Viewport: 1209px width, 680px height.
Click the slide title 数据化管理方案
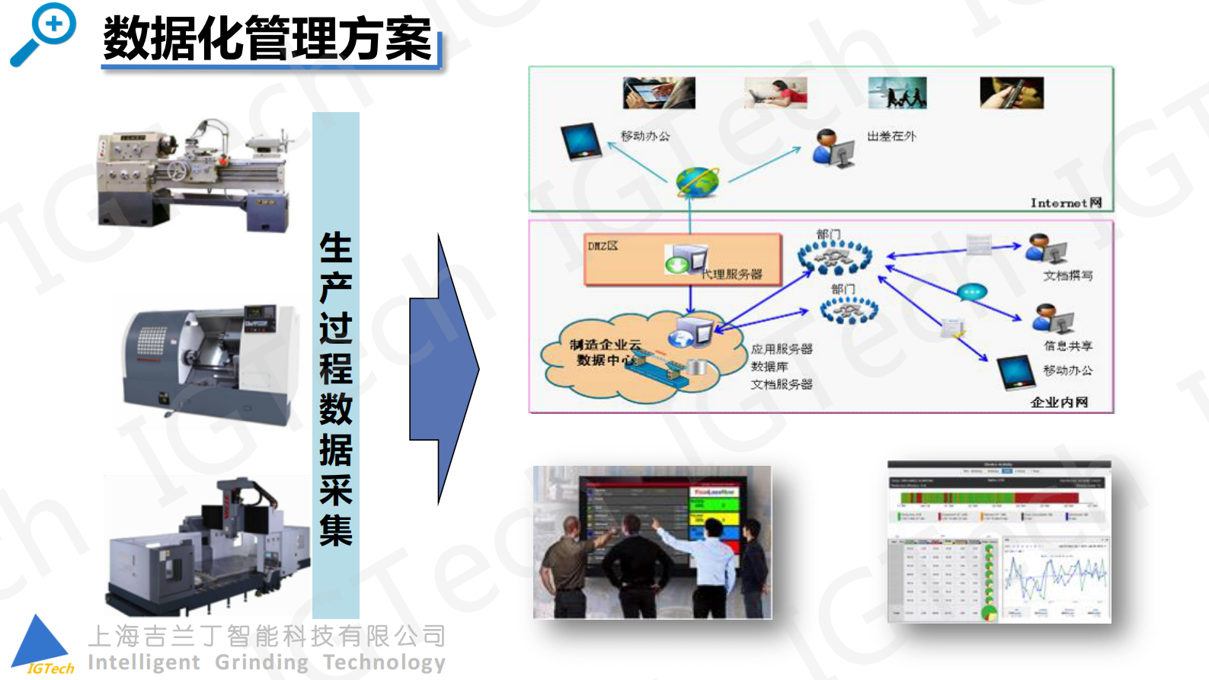coord(268,39)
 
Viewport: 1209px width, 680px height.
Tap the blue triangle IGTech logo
coord(42,643)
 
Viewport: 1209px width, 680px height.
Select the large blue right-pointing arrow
coord(443,369)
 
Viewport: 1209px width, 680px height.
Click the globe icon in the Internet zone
coord(697,182)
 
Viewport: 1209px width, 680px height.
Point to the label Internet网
coord(1066,203)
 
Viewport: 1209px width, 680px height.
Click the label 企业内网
coord(1059,402)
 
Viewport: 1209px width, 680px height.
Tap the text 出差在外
coord(891,136)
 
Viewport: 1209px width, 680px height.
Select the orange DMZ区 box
coord(683,259)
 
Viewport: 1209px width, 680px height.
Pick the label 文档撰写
coord(1067,275)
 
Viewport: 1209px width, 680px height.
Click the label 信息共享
coord(1067,345)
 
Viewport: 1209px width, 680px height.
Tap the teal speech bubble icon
coord(972,291)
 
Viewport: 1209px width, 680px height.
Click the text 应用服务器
coord(782,349)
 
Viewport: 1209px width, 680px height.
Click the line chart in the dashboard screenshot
coord(1055,576)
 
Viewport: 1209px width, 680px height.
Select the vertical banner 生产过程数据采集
coord(336,366)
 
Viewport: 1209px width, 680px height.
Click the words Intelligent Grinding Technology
coord(267,662)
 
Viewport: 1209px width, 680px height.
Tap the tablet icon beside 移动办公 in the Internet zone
coord(581,142)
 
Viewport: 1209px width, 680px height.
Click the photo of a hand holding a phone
coord(1011,93)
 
